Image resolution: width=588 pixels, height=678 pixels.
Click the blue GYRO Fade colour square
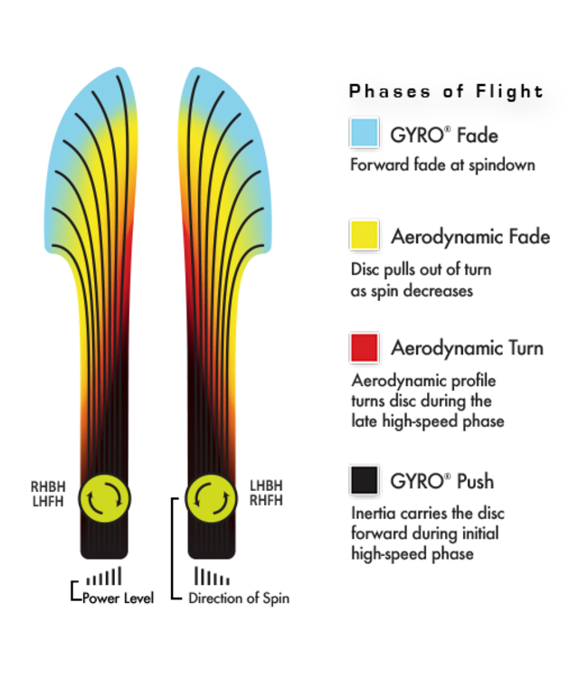tap(363, 134)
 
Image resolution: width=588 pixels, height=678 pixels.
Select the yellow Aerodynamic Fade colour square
tap(364, 236)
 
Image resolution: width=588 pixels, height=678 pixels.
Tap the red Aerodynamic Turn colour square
tap(364, 348)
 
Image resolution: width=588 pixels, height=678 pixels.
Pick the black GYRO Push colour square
tap(364, 480)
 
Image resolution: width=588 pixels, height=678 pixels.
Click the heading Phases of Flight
tap(446, 91)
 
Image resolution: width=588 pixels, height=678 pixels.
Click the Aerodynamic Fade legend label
tap(470, 237)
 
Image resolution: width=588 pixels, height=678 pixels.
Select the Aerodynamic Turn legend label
tap(467, 348)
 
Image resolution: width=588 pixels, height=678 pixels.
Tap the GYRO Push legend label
tap(442, 481)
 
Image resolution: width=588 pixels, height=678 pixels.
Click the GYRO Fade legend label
tap(444, 136)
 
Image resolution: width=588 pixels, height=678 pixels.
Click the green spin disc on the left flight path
tap(106, 496)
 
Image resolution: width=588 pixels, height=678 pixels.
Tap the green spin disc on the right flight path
tap(211, 496)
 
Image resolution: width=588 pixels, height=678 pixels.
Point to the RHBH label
tap(47, 486)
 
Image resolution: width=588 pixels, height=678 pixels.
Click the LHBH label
tap(267, 486)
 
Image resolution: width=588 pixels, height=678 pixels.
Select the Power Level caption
tap(118, 598)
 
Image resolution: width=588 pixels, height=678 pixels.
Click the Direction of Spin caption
tap(239, 598)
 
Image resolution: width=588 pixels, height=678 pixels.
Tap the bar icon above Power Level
tap(104, 576)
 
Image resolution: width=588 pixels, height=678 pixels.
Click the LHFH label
tap(47, 503)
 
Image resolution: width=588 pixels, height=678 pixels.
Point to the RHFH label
tap(267, 501)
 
